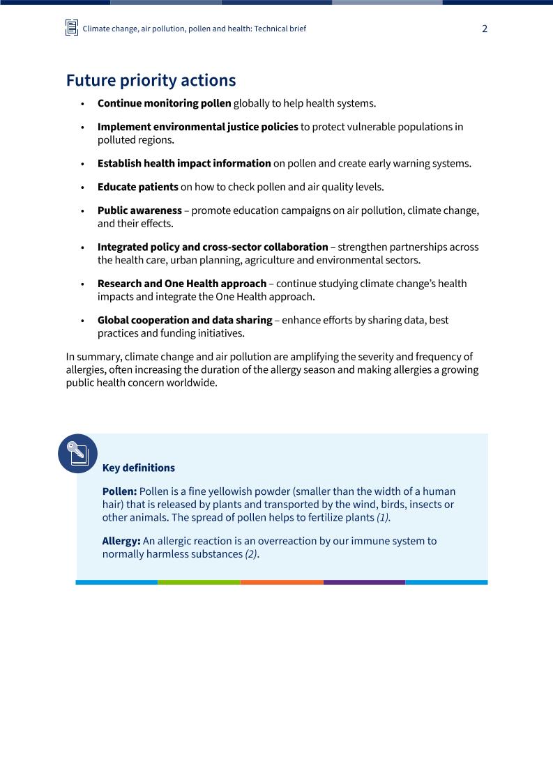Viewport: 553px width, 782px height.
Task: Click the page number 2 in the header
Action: (x=485, y=29)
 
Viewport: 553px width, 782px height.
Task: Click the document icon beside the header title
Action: (x=72, y=28)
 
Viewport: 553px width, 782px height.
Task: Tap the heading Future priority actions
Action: (x=151, y=80)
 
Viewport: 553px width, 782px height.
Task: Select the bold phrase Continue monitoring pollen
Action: (x=164, y=103)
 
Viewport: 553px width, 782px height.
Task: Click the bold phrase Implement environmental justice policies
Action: (x=197, y=127)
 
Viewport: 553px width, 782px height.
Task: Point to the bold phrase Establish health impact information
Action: (x=184, y=163)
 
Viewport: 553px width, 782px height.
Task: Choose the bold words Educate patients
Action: (x=137, y=187)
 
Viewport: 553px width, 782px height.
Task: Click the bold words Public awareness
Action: (x=139, y=210)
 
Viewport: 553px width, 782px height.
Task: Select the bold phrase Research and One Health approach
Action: (x=182, y=284)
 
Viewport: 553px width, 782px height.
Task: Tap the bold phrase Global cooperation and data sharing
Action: (x=185, y=320)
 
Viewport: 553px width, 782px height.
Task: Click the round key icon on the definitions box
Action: (x=77, y=454)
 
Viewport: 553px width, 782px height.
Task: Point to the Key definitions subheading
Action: (x=138, y=468)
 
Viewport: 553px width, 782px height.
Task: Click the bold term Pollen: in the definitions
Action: (x=119, y=491)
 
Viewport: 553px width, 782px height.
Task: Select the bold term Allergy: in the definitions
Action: (x=121, y=541)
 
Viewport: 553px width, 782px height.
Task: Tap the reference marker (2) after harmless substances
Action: (x=251, y=554)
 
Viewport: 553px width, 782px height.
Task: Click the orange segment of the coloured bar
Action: (x=282, y=582)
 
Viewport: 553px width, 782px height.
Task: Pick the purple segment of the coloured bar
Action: (x=364, y=582)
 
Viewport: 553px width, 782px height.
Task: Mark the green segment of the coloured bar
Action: (x=199, y=582)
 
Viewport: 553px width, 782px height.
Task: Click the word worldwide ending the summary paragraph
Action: (x=195, y=383)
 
